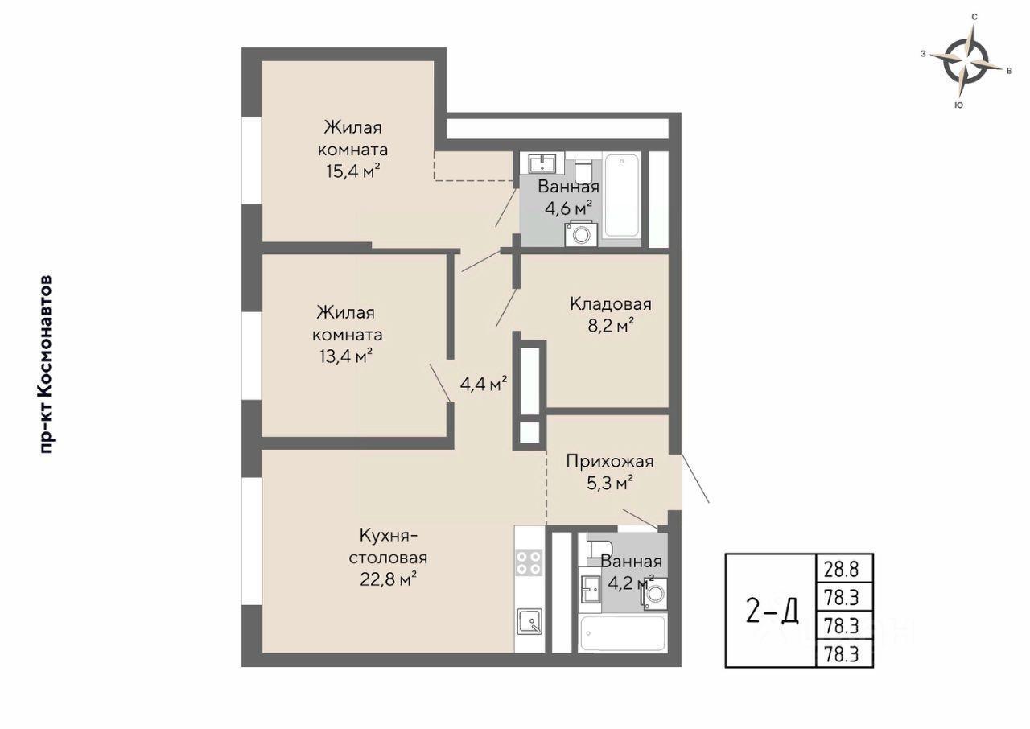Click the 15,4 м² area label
(x=353, y=171)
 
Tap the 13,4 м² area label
(x=346, y=356)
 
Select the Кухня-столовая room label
(x=388, y=546)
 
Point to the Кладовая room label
(x=611, y=304)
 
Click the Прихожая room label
(x=610, y=461)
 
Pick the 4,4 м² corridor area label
(x=484, y=384)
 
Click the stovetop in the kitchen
(x=529, y=562)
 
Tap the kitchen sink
(x=529, y=621)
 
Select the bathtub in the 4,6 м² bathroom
(x=622, y=196)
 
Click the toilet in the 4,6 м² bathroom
(x=583, y=171)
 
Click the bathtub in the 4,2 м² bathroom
(x=623, y=633)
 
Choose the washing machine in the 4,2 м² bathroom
(x=654, y=595)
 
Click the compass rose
(x=966, y=64)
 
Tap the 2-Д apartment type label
(x=772, y=612)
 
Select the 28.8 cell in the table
(x=842, y=570)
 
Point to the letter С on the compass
(x=974, y=17)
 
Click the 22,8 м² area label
(x=388, y=579)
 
